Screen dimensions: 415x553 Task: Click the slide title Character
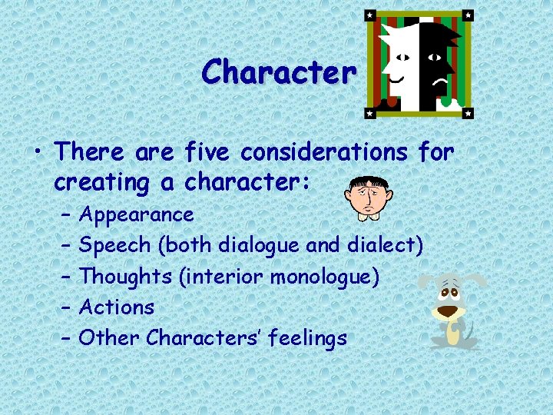point(279,72)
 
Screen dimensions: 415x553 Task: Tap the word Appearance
point(136,214)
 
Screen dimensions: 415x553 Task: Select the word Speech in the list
point(115,245)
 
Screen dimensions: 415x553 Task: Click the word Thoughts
point(125,276)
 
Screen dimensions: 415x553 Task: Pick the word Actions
point(117,307)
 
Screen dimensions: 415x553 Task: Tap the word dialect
point(382,245)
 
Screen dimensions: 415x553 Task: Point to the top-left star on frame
point(369,15)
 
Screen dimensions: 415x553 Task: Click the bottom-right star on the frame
point(468,112)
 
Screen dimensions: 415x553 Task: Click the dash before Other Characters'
point(64,337)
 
